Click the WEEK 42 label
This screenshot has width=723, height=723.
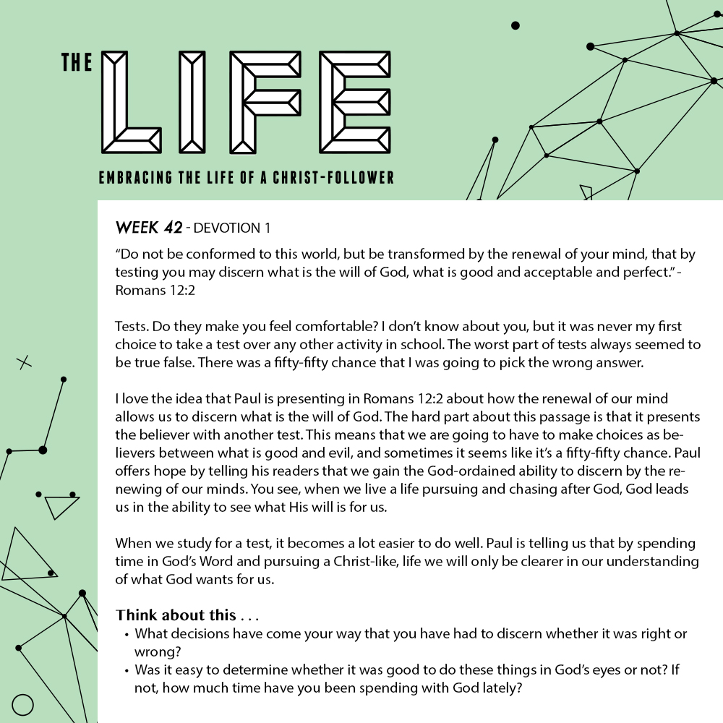click(x=148, y=228)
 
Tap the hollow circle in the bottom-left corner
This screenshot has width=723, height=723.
click(x=23, y=704)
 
